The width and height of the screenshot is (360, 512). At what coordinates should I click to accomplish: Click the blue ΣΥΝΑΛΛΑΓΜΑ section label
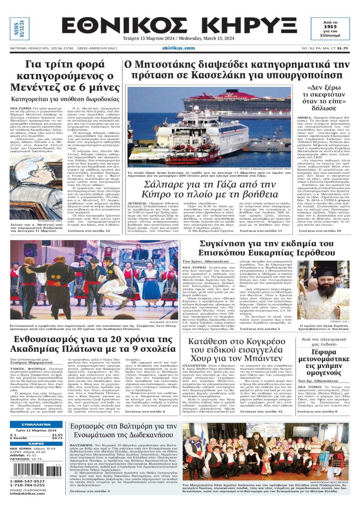(36, 425)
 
